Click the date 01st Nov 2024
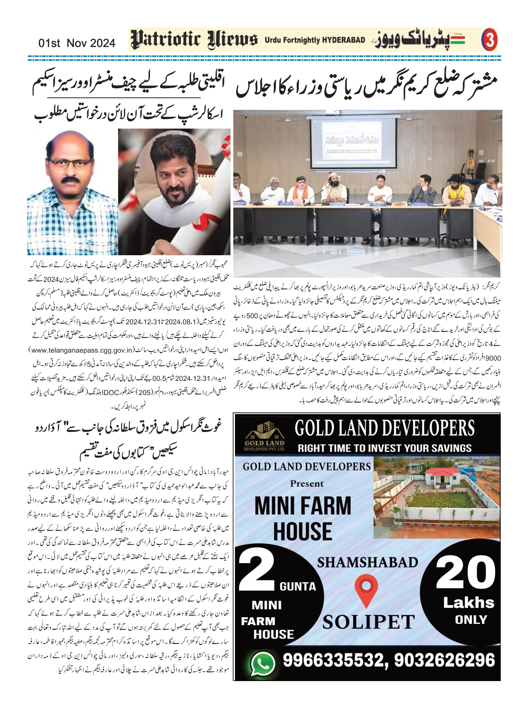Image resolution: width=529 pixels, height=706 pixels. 76,43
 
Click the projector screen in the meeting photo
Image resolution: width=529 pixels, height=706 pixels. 353,142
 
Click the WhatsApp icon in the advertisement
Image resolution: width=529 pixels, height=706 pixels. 262,664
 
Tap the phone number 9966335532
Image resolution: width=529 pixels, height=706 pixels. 334,660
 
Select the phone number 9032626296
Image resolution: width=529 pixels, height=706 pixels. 444,660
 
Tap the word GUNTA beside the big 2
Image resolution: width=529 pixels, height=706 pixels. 297,586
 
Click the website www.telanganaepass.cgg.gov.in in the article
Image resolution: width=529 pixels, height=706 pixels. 82,350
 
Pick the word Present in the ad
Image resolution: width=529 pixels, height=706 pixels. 307,484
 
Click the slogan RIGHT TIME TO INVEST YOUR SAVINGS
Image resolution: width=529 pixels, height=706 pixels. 384,448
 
